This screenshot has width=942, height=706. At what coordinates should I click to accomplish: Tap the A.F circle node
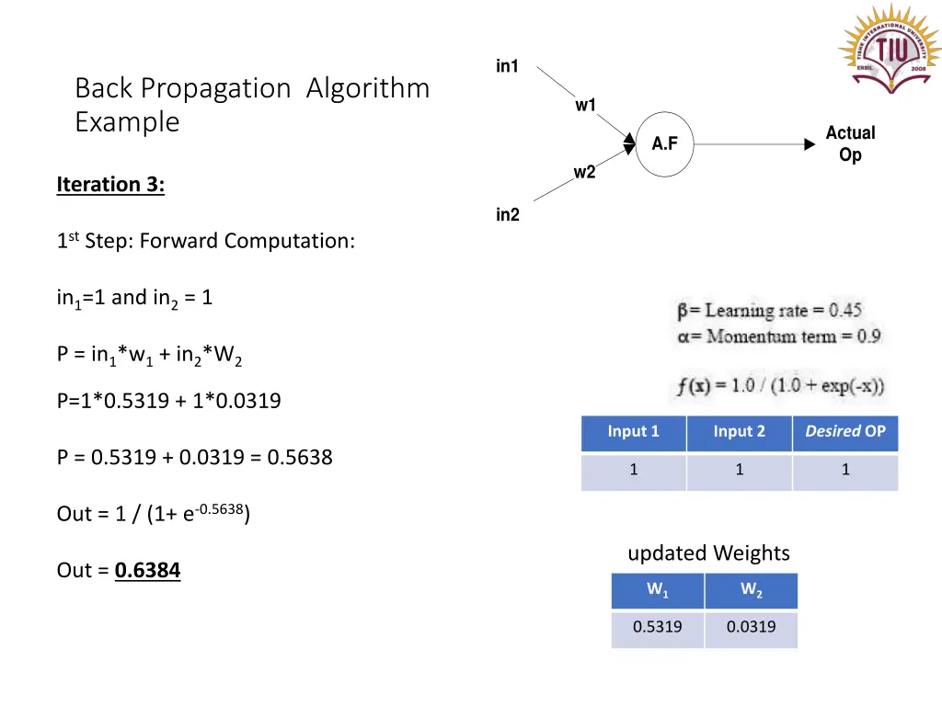click(664, 143)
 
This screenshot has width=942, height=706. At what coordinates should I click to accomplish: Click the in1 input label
click(508, 66)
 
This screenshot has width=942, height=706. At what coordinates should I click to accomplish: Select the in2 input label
click(508, 215)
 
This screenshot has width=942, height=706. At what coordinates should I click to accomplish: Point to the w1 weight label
click(586, 105)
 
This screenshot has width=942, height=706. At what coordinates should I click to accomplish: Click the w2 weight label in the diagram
click(584, 172)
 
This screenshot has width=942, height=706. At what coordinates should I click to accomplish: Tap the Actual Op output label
click(850, 144)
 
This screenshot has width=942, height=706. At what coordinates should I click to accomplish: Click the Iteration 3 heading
click(110, 185)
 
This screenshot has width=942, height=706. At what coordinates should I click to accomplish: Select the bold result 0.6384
click(148, 571)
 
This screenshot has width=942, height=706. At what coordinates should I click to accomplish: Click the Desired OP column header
click(845, 432)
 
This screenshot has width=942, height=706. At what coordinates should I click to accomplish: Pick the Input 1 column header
click(634, 432)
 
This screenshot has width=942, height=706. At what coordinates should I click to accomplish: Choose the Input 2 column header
click(740, 432)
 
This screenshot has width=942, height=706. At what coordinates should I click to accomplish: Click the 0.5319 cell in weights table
click(658, 627)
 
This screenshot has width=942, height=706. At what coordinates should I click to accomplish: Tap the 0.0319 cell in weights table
click(751, 627)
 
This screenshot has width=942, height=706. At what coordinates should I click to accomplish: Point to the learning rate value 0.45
click(844, 311)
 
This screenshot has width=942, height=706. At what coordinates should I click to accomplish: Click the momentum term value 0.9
click(868, 336)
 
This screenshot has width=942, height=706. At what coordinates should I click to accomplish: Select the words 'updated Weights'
click(708, 553)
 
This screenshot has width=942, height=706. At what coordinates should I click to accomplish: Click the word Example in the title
click(127, 121)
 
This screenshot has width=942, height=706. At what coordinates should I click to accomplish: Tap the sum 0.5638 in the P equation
click(300, 457)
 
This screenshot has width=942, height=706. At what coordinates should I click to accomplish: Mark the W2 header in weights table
click(751, 590)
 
